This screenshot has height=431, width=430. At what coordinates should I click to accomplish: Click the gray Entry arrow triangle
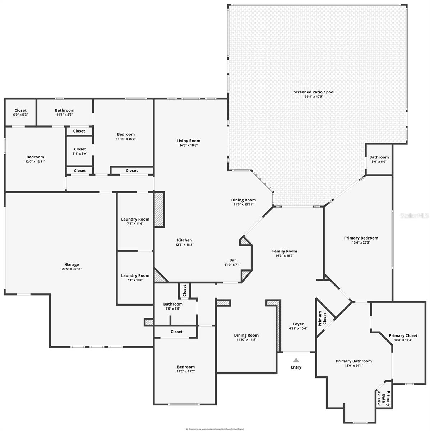tap(296, 360)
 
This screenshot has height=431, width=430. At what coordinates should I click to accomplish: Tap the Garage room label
tap(72, 265)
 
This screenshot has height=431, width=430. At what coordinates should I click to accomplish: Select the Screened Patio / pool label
tap(314, 92)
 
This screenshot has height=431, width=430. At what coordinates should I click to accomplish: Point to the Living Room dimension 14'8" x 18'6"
tap(188, 145)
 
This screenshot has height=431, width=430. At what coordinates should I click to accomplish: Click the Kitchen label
tap(184, 240)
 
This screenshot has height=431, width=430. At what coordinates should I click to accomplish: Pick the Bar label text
tap(233, 260)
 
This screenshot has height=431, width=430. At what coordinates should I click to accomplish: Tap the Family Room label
tap(285, 251)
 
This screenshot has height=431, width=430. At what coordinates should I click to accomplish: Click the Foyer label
tap(298, 324)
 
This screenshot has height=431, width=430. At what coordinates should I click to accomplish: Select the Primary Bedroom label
tap(361, 238)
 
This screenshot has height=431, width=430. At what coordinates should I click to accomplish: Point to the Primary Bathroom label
tap(354, 361)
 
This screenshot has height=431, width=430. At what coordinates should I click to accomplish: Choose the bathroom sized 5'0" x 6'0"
tap(379, 159)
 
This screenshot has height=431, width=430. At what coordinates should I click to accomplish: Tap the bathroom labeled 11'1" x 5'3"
tap(65, 112)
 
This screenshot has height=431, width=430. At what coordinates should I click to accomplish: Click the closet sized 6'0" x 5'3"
tap(20, 112)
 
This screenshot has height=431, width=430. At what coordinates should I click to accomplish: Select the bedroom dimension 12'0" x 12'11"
tap(35, 162)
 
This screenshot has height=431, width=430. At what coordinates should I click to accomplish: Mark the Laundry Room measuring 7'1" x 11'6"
tap(135, 221)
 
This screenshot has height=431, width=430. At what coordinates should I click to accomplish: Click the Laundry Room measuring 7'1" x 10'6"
tap(135, 278)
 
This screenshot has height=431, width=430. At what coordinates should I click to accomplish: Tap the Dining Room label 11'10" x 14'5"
tap(246, 337)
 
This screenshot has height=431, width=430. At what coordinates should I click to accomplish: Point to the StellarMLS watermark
tap(415, 216)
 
